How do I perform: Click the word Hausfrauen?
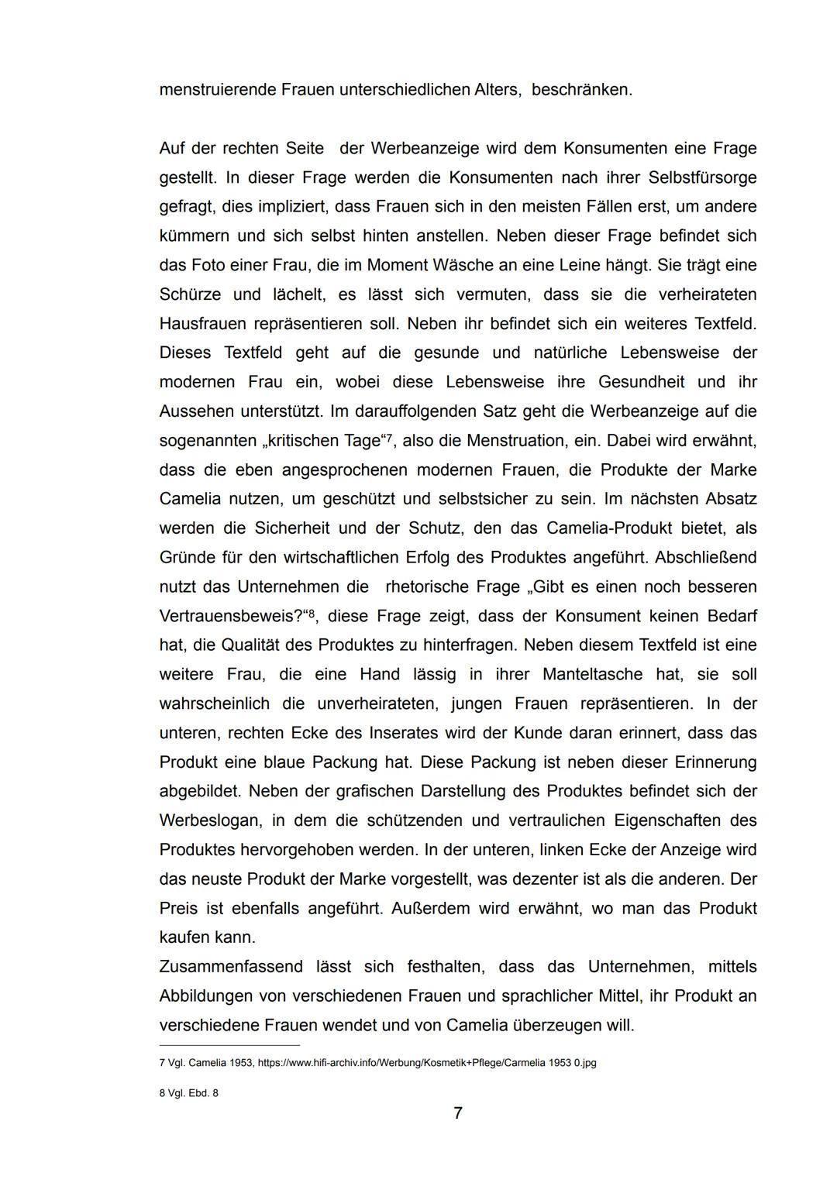(201, 324)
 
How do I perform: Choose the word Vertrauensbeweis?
(230, 617)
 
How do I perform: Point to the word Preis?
(177, 908)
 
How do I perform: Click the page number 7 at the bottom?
(458, 1113)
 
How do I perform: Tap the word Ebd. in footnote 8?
(197, 1093)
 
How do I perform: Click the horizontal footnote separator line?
(229, 1045)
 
